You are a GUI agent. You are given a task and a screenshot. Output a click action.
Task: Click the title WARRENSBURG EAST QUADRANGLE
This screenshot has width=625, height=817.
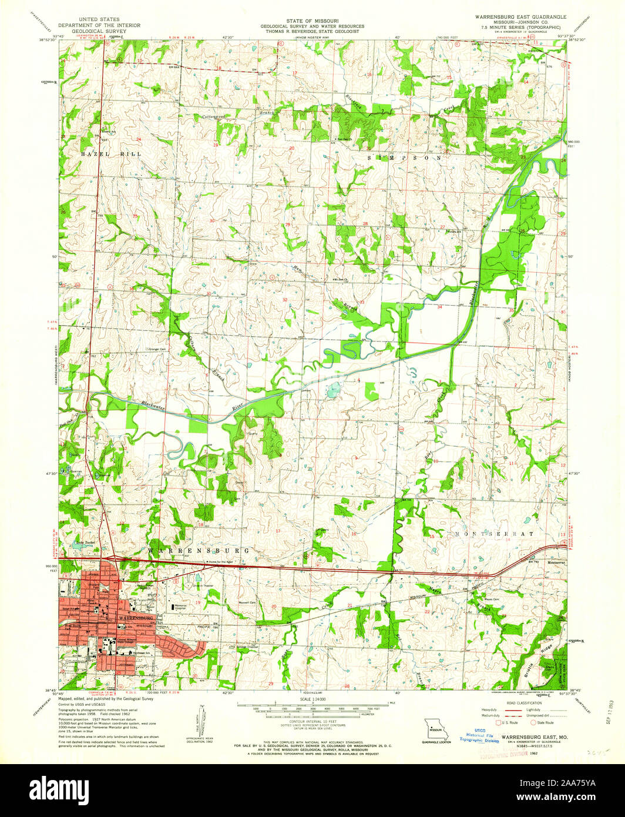520,18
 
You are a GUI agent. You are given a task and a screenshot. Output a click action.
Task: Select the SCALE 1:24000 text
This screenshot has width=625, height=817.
312,698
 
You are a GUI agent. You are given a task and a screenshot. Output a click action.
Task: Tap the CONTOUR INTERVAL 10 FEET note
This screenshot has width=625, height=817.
312,724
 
